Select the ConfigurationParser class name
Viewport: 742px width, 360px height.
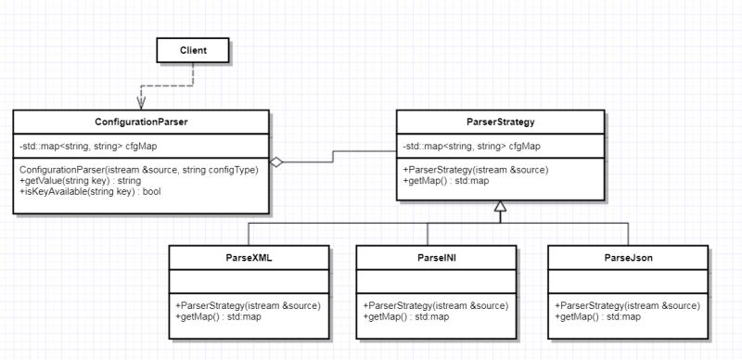click(142, 122)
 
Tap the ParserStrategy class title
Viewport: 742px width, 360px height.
click(500, 122)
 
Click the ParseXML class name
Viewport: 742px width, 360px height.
click(249, 257)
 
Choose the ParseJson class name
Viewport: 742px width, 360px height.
click(628, 257)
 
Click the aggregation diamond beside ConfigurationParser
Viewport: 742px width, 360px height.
click(276, 162)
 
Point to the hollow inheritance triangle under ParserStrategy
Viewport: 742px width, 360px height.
click(500, 207)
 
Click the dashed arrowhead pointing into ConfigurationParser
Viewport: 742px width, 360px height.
click(142, 103)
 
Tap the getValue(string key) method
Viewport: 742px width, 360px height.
click(74, 181)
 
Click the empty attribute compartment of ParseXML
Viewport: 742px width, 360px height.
click(249, 281)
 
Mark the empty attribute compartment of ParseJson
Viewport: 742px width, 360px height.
click(628, 281)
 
